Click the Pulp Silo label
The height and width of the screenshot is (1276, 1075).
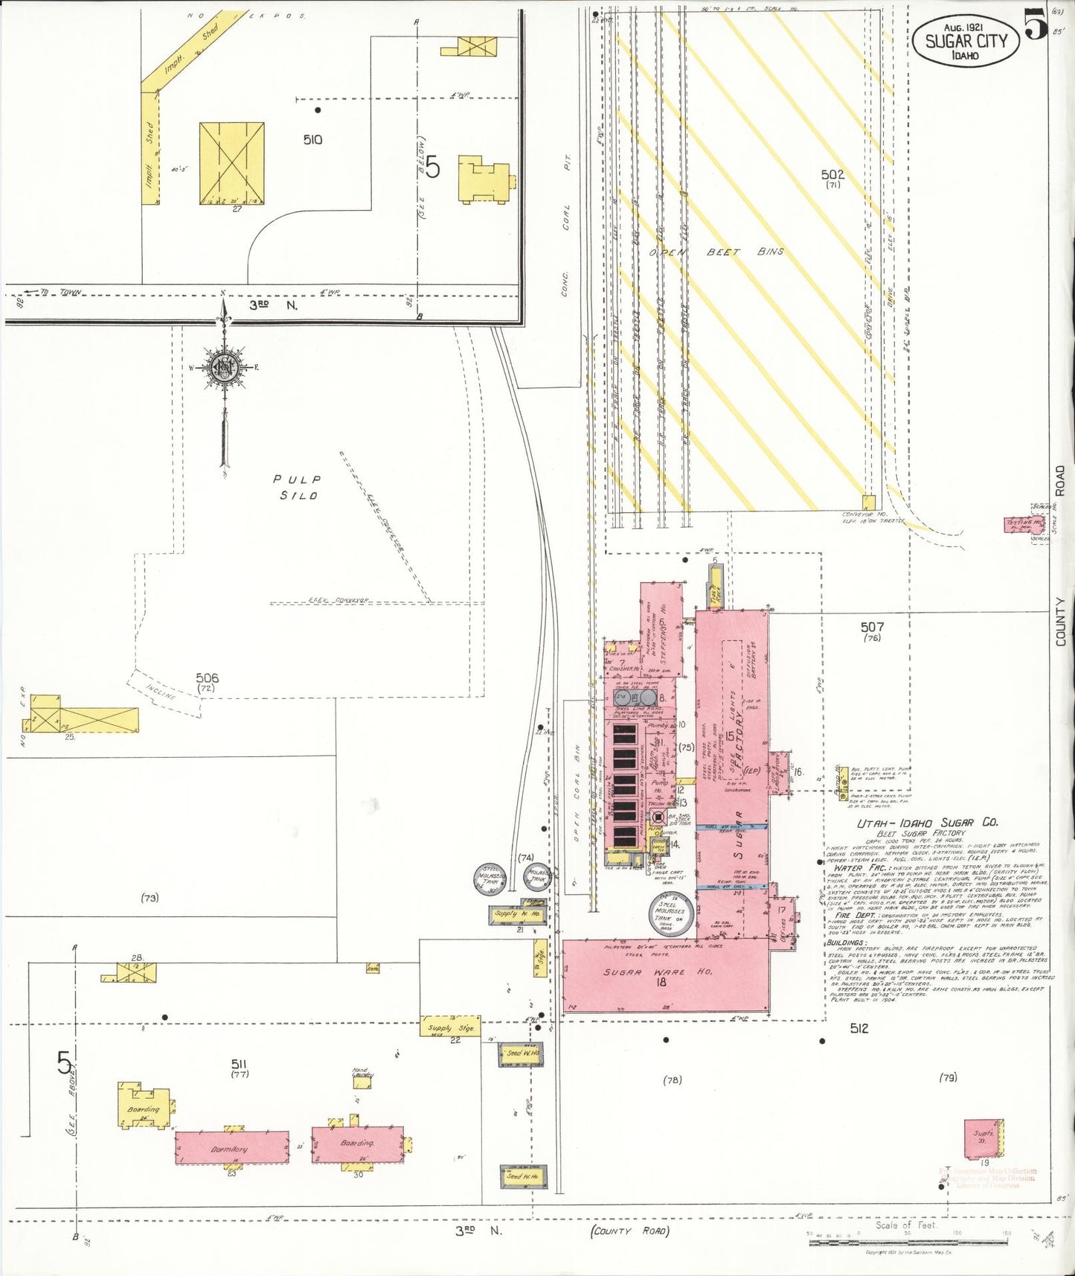(297, 488)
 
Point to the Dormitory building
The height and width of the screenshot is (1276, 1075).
(231, 1147)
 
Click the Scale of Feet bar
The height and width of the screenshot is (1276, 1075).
(907, 1234)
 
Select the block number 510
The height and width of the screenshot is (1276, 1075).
(312, 139)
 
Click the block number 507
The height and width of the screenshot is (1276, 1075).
(872, 627)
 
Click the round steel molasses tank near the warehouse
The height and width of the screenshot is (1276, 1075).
(673, 911)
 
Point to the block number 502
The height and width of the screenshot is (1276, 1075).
(832, 174)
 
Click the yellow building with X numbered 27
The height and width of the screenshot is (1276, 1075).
(231, 163)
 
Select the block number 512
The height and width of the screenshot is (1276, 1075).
(859, 1028)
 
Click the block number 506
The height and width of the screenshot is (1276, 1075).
(207, 677)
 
